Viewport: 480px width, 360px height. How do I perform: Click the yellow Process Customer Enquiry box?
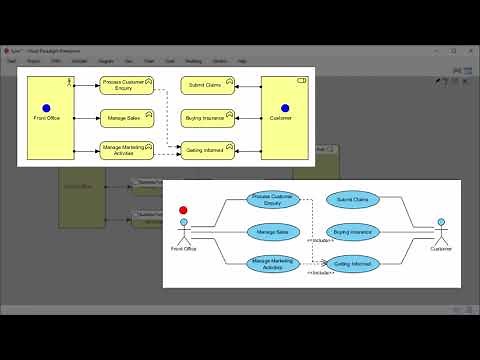pyautogui.click(x=125, y=86)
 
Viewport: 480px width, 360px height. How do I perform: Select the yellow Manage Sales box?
pyautogui.click(x=125, y=118)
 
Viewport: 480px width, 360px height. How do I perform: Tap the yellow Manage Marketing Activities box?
pyautogui.click(x=125, y=150)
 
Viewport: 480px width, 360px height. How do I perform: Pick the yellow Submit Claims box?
pyautogui.click(x=207, y=86)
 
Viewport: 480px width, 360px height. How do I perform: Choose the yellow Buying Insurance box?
pyautogui.click(x=207, y=118)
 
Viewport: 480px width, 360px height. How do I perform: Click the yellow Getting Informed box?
pyautogui.click(x=207, y=150)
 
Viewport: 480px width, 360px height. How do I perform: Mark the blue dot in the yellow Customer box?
pyautogui.click(x=285, y=108)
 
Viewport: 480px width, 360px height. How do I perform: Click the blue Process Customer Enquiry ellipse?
pyautogui.click(x=273, y=200)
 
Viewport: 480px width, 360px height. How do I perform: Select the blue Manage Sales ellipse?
pyautogui.click(x=273, y=232)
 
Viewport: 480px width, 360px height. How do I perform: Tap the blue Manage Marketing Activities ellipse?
pyautogui.click(x=273, y=264)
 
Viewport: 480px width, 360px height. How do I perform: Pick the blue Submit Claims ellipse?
pyautogui.click(x=353, y=200)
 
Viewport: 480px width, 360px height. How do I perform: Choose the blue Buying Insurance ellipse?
pyautogui.click(x=353, y=232)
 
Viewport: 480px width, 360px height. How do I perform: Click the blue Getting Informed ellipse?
pyautogui.click(x=353, y=264)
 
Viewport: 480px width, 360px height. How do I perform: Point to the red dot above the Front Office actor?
pyautogui.click(x=183, y=211)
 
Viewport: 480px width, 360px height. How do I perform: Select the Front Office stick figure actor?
pyautogui.click(x=183, y=229)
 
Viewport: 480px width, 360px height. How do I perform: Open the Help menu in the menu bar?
pyautogui.click(x=242, y=61)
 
